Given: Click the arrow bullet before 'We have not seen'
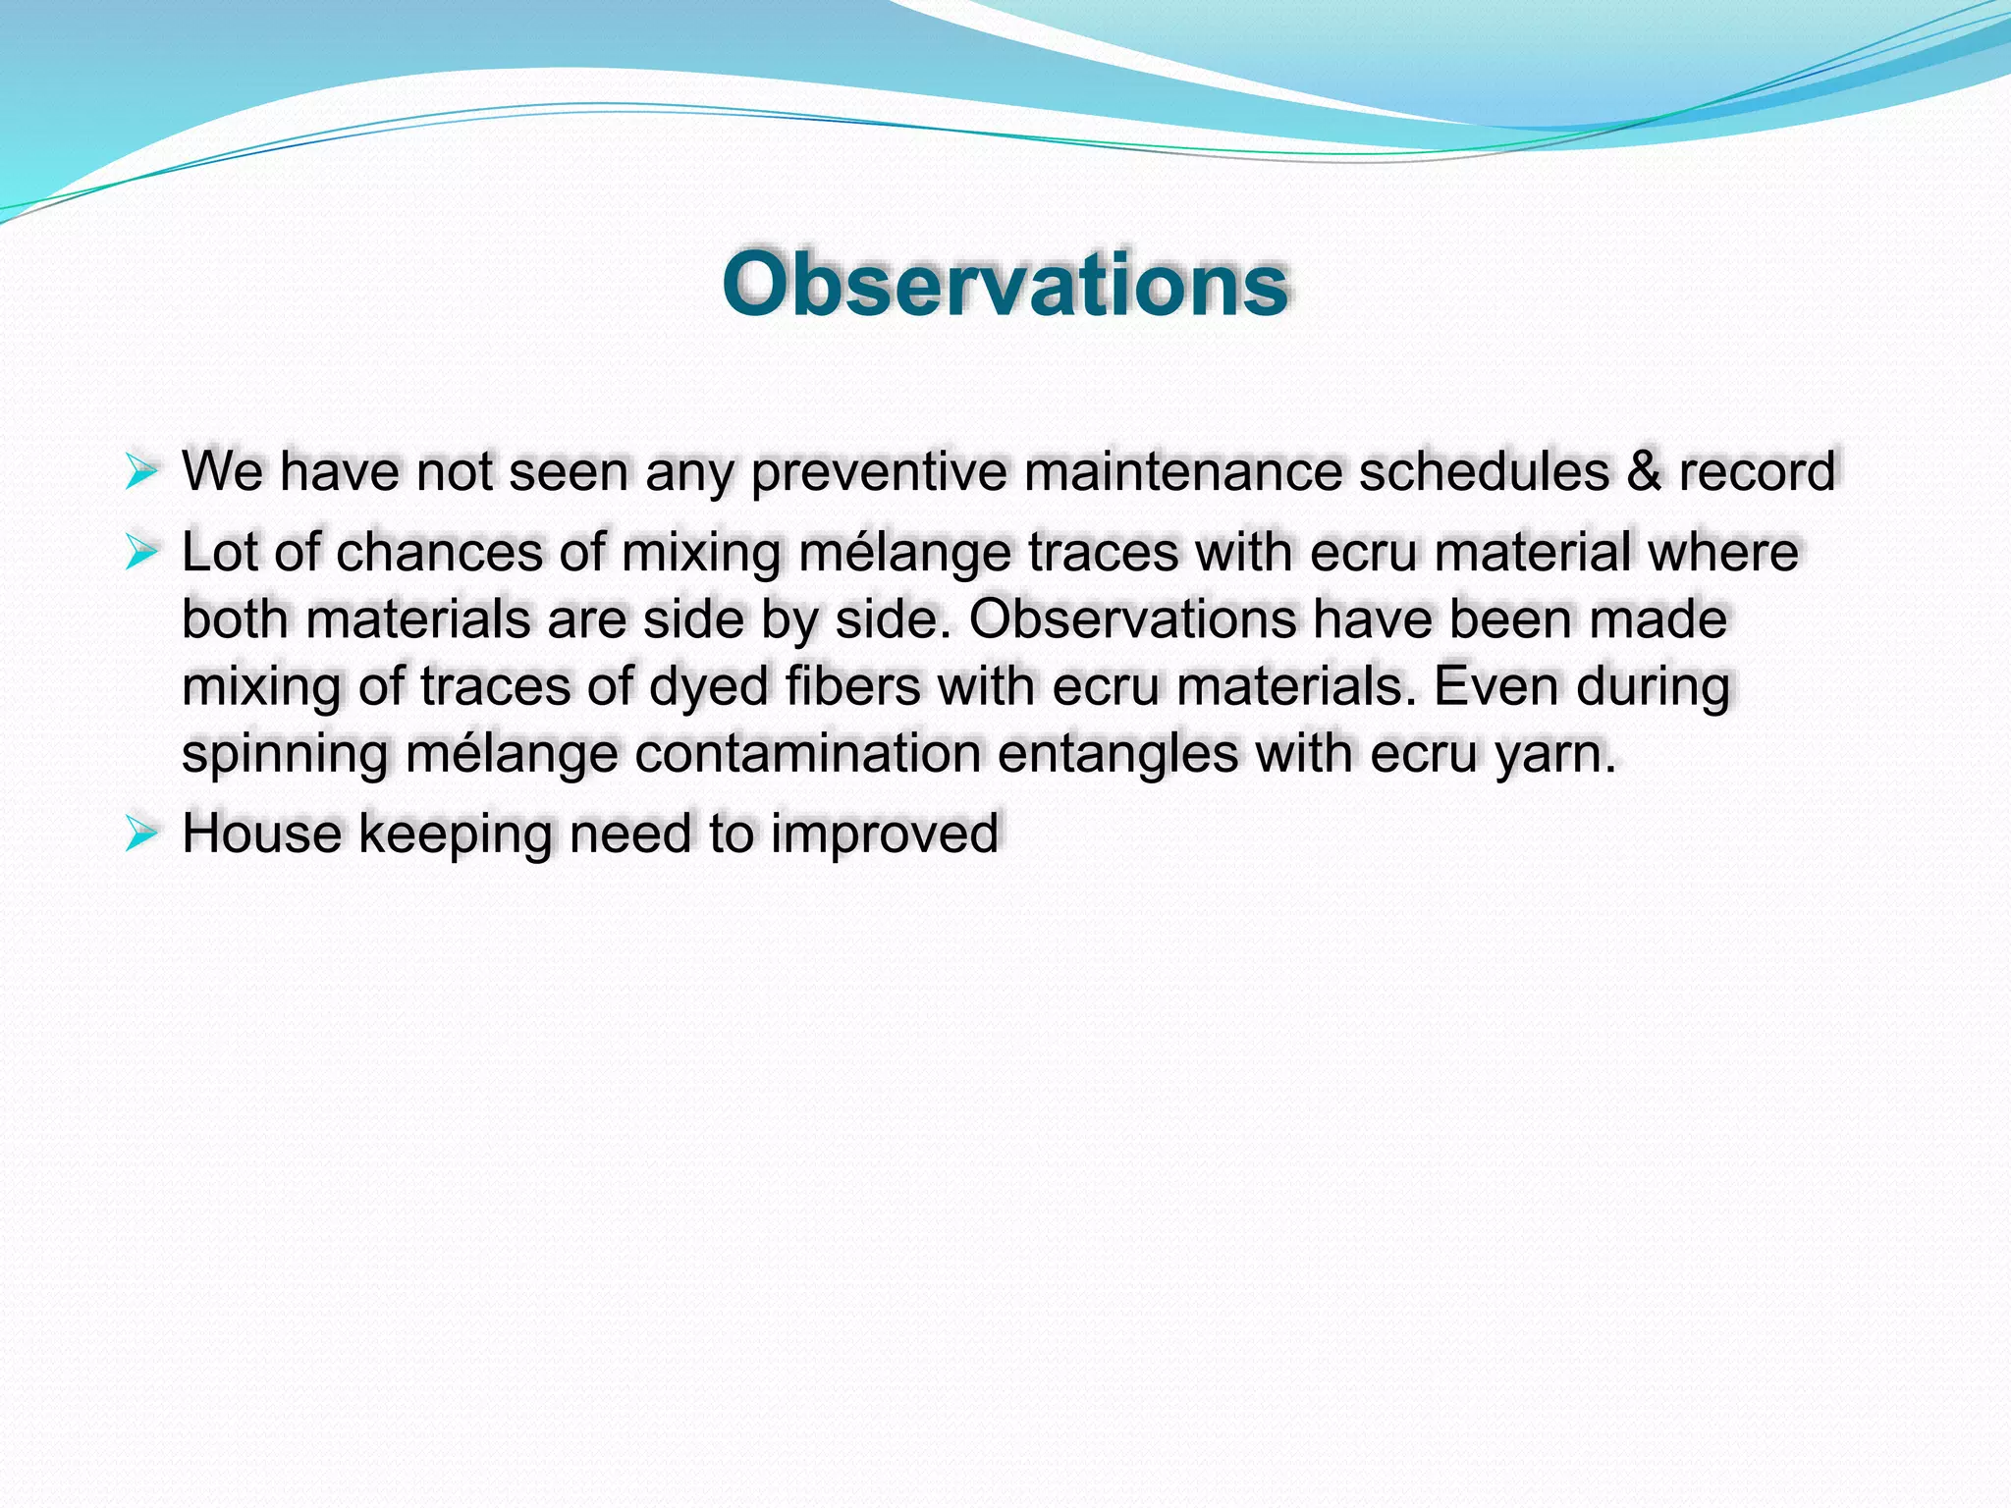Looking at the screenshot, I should (141, 472).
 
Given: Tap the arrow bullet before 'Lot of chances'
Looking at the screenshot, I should (141, 553).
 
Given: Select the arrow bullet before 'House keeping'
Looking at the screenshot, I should (141, 835).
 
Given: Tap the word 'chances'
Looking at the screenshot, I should (439, 553).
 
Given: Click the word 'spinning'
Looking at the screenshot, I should (285, 756).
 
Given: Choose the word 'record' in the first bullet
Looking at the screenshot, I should (1757, 472).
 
